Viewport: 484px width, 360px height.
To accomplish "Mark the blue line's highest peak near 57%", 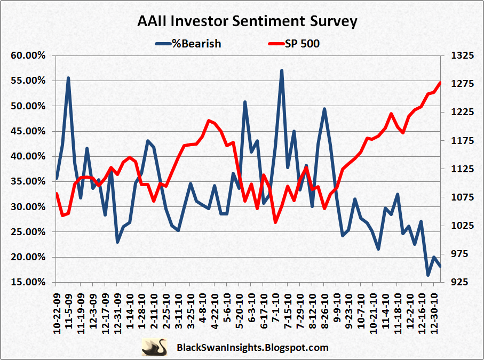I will [x=282, y=70].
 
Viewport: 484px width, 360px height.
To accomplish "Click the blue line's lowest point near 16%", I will [x=428, y=275].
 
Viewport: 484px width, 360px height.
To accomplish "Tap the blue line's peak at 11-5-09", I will [x=68, y=78].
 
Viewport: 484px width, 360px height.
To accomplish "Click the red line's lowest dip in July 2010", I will [x=275, y=222].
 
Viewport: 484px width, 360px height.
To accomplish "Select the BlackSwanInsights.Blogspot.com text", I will [x=252, y=348].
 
